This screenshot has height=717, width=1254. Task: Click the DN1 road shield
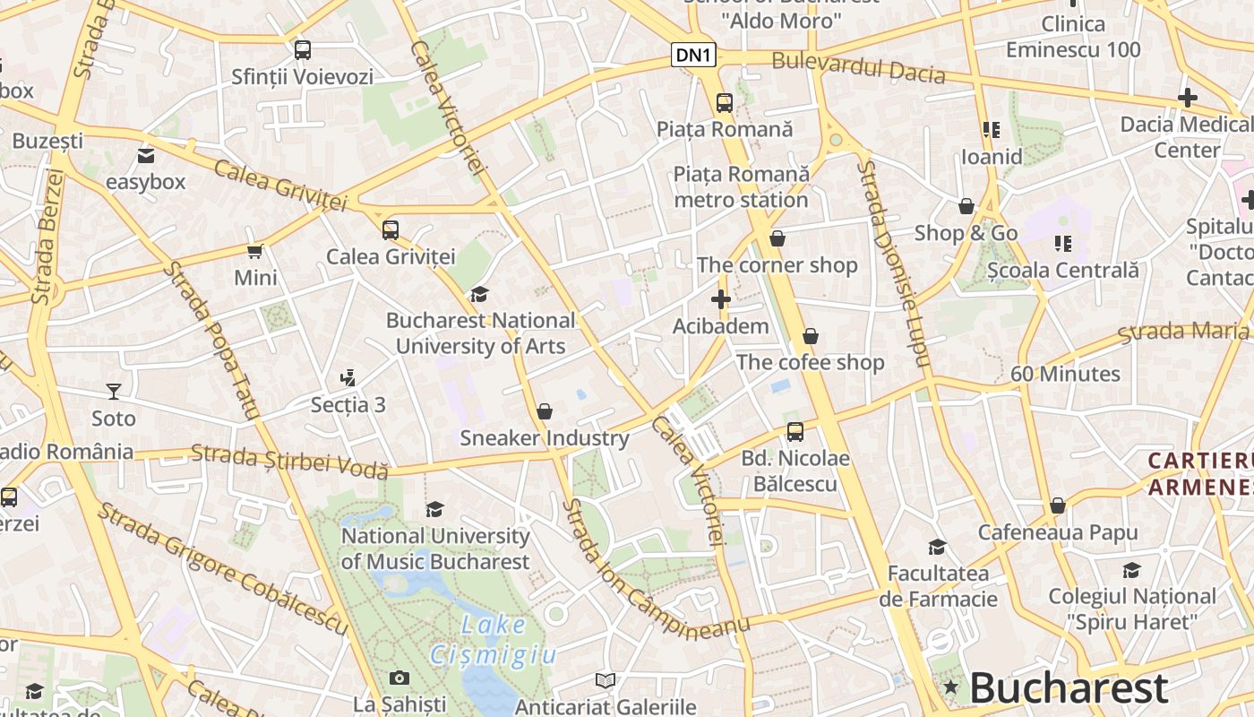[694, 55]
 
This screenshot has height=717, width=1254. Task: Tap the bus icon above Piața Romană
[724, 103]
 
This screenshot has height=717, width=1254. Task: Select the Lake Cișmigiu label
[494, 639]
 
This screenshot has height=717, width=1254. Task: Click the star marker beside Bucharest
[950, 688]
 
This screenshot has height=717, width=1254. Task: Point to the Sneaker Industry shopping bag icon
[544, 411]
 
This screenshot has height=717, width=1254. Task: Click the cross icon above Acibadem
[720, 298]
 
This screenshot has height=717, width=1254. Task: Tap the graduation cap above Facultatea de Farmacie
[937, 547]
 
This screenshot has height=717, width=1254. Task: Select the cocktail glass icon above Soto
[114, 392]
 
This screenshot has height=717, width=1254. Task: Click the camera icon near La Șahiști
[399, 678]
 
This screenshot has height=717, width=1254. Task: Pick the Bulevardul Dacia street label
[858, 67]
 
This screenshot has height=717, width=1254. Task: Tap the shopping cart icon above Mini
[255, 251]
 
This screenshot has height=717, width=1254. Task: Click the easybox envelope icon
[145, 156]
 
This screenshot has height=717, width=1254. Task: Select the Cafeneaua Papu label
[1057, 532]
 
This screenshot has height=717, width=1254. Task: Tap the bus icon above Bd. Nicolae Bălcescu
[794, 432]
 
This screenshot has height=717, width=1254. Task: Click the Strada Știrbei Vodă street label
[289, 461]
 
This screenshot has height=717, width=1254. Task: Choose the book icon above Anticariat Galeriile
[606, 681]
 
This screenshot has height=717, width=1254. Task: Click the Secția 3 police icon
[348, 378]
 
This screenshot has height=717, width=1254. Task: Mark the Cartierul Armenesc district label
[1200, 473]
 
